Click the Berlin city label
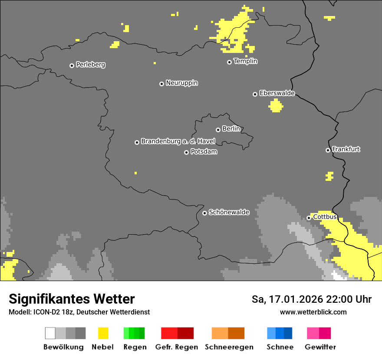[231, 129]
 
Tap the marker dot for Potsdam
[186, 152]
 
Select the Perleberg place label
[90, 65]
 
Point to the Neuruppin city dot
[161, 84]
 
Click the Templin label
[245, 61]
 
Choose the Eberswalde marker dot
[255, 94]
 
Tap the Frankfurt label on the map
[346, 149]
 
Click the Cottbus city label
[325, 217]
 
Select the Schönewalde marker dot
[204, 213]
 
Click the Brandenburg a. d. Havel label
[178, 141]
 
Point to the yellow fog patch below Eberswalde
[276, 106]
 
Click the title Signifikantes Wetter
[72, 299]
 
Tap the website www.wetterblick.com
[313, 312]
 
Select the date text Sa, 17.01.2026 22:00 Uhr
[311, 299]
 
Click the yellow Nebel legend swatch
[103, 333]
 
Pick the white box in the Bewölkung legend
[50, 333]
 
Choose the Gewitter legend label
[320, 347]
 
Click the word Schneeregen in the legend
[229, 347]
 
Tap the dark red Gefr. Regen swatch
[185, 333]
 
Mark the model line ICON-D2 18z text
[79, 312]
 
